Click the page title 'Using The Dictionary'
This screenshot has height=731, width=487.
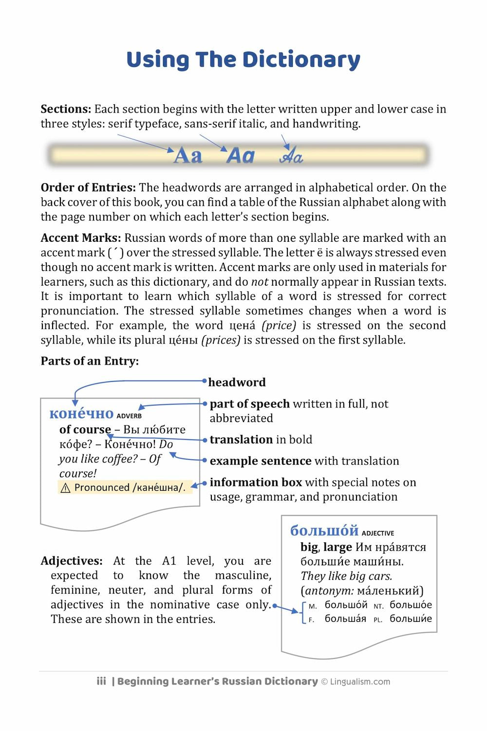243,60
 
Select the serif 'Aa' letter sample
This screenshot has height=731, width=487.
188,156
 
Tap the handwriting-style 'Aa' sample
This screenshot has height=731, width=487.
291,156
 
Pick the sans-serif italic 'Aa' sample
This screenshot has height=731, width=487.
241,156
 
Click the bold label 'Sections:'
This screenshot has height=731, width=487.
66,109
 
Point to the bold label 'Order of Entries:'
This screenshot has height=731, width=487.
88,188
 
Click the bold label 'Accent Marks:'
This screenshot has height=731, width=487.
80,238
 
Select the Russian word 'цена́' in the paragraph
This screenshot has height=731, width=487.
242,326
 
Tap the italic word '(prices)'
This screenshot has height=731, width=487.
221,340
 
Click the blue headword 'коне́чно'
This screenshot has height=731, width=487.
81,414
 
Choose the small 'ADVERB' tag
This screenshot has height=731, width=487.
129,416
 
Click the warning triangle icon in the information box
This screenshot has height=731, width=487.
66,488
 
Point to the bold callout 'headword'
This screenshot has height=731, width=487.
237,382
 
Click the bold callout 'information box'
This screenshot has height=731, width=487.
256,482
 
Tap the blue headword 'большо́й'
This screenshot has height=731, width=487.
324,531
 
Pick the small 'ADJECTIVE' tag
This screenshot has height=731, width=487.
378,534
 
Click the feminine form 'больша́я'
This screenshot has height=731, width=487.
345,619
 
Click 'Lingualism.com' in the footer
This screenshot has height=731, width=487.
360,682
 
